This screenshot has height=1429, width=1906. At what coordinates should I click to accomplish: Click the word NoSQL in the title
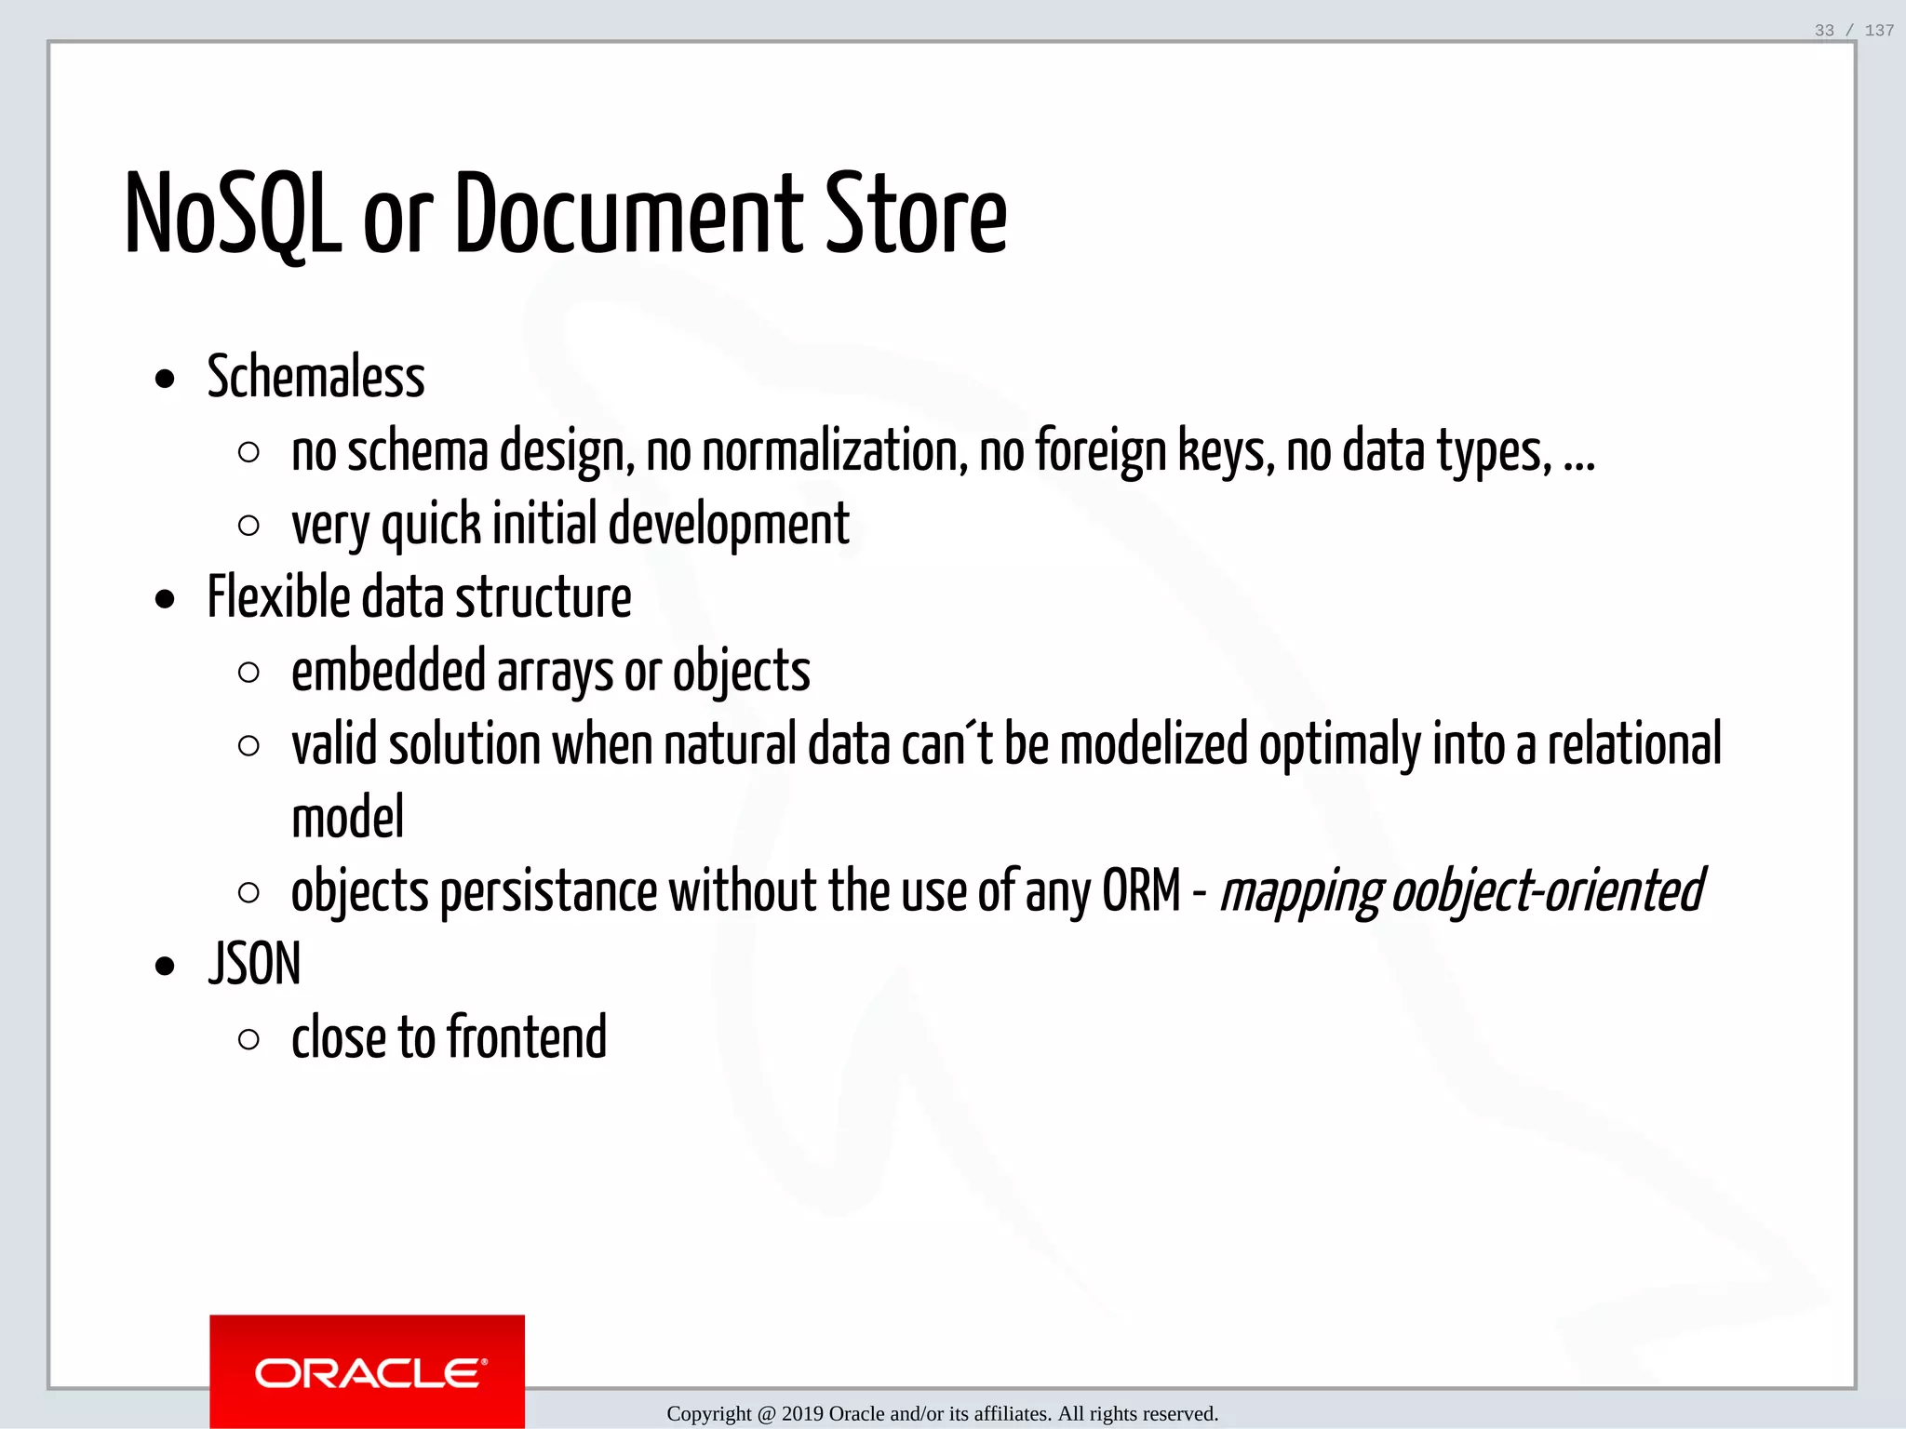click(x=233, y=216)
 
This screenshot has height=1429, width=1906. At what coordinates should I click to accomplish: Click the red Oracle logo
click(x=367, y=1371)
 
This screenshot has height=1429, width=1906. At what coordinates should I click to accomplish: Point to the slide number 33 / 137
click(x=1853, y=31)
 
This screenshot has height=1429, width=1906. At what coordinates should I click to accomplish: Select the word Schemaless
click(x=315, y=378)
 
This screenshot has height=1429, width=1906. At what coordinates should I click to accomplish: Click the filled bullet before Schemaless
click(x=166, y=380)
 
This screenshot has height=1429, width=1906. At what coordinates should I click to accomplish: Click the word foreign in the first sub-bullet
click(x=1100, y=452)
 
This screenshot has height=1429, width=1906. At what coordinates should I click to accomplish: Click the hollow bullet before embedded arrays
click(x=248, y=673)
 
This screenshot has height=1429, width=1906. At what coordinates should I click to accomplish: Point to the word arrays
click(x=556, y=673)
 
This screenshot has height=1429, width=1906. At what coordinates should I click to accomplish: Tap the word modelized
click(x=1153, y=746)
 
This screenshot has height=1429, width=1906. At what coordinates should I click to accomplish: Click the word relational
click(x=1634, y=746)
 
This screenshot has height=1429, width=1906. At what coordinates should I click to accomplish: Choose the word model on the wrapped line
click(x=348, y=819)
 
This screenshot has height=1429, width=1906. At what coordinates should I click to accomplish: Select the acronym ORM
click(x=1141, y=892)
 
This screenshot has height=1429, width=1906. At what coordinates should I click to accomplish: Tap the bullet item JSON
click(x=254, y=965)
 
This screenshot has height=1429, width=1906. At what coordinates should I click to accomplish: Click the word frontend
click(x=527, y=1038)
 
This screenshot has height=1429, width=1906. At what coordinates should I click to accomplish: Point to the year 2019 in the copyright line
click(x=801, y=1414)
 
